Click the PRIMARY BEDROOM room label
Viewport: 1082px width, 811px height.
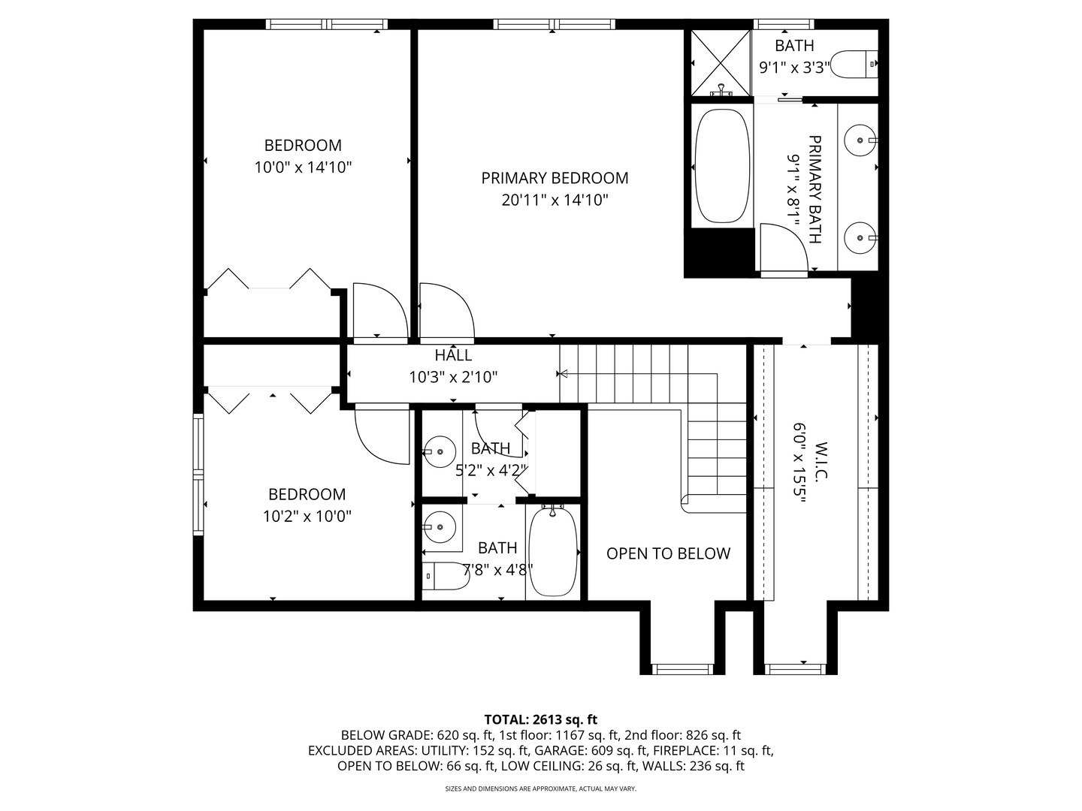[x=555, y=178]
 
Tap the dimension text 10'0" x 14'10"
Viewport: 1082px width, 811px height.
[x=303, y=167]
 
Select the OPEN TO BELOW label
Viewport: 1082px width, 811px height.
[x=668, y=553]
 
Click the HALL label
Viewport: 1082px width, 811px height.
[x=453, y=355]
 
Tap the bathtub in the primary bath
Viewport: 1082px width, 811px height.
[x=722, y=166]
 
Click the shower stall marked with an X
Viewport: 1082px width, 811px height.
[x=721, y=62]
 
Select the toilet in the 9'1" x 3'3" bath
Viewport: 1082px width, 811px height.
[x=857, y=63]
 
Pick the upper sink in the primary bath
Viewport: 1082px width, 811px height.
[x=859, y=140]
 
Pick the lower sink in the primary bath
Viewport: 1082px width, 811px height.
[x=859, y=238]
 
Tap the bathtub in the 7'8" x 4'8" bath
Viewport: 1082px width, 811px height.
[x=553, y=552]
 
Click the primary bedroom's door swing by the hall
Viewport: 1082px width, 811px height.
[x=445, y=309]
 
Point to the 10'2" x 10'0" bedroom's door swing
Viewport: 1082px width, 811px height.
[x=381, y=436]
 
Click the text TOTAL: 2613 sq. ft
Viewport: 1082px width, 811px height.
[x=540, y=719]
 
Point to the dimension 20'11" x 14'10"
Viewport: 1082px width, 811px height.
[x=555, y=200]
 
